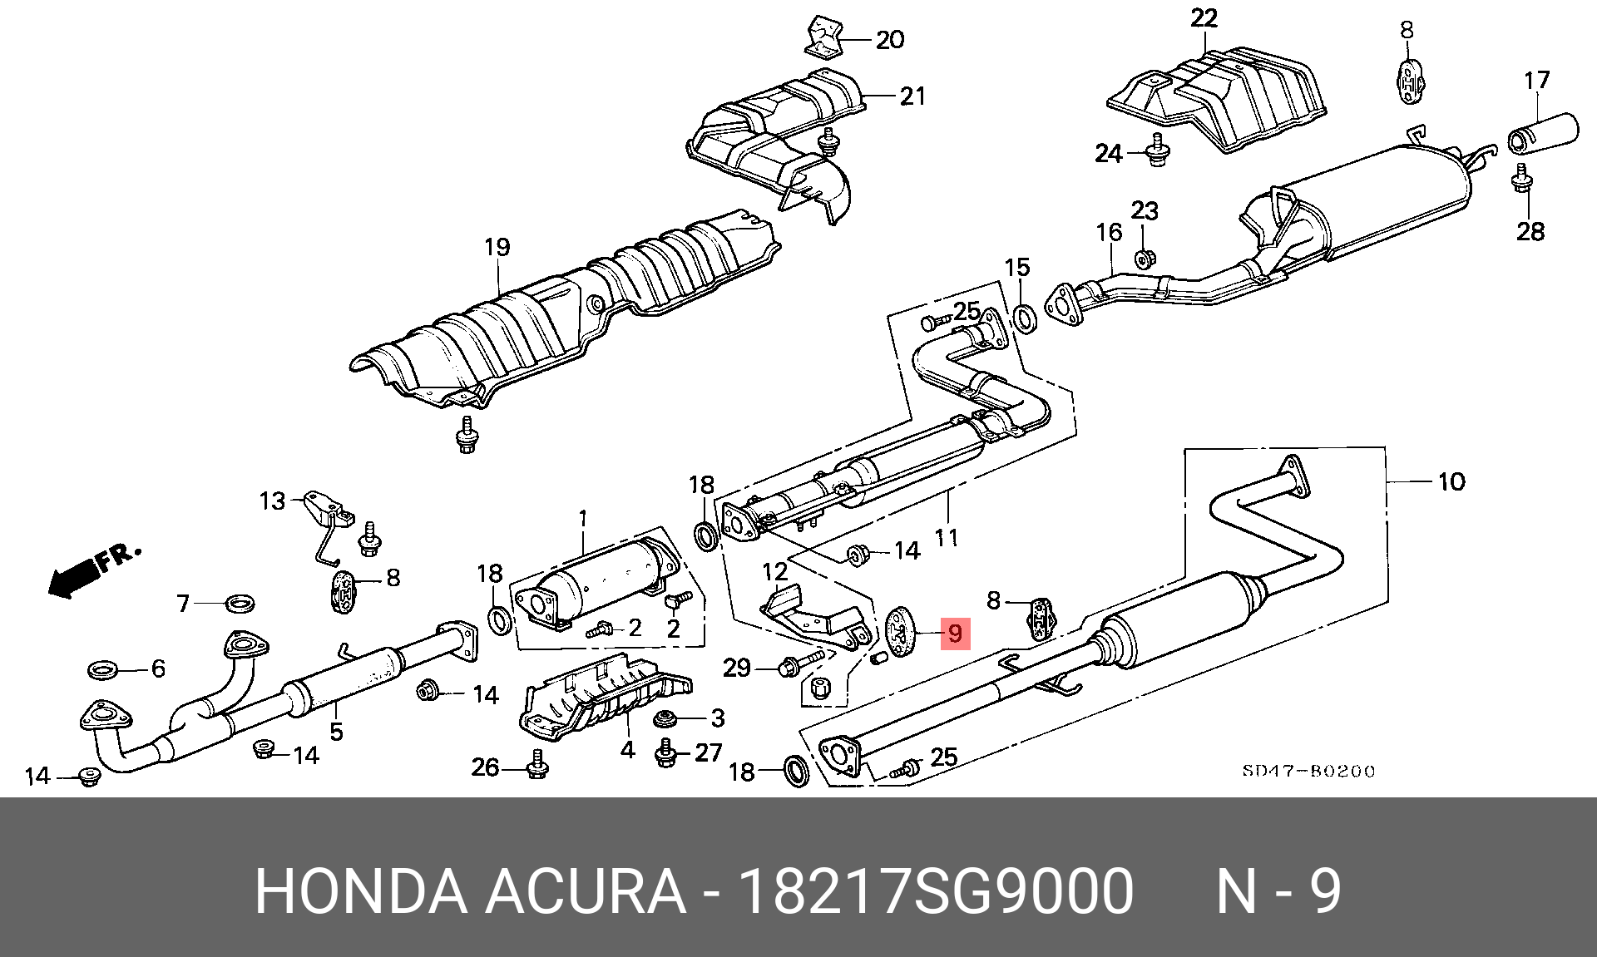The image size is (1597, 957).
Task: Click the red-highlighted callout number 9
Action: pos(955,634)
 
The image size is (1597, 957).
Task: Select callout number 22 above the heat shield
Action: pos(1204,18)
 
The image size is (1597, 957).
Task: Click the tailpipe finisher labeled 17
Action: pos(1544,133)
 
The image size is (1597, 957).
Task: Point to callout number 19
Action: pos(497,247)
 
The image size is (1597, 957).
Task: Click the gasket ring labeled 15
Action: pos(1026,318)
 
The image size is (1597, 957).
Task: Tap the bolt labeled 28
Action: pos(1522,180)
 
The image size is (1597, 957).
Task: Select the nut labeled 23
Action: pos(1144,259)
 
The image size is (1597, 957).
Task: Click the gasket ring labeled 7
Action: pos(240,603)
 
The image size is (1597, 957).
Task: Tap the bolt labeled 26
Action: pos(537,766)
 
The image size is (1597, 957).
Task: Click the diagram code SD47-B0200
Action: pos(1308,772)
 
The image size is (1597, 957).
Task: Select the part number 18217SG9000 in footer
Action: pos(936,891)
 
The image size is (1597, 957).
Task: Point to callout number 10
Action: pos(1451,481)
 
